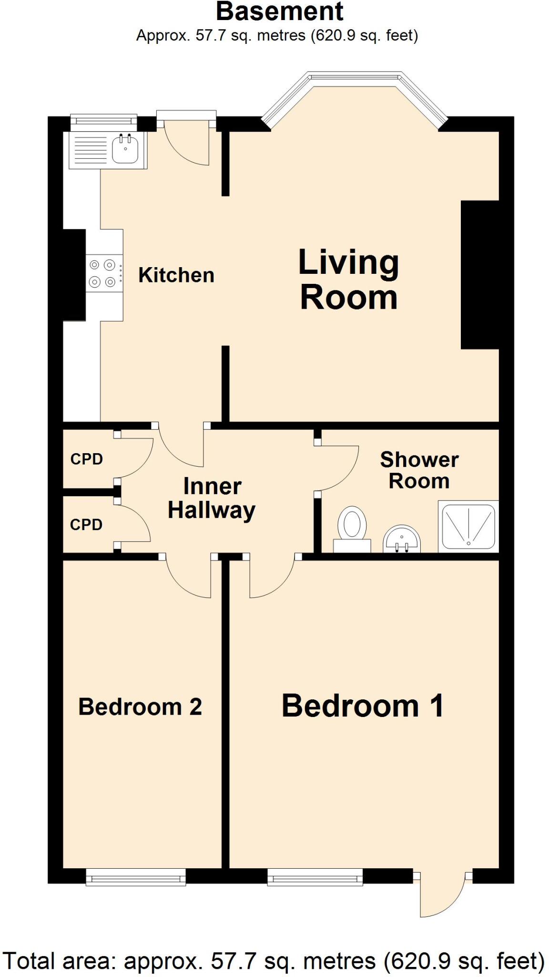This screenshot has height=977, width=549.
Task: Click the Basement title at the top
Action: click(x=279, y=11)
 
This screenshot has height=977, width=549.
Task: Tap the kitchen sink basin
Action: click(x=126, y=148)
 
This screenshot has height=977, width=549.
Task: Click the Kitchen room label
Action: click(x=176, y=275)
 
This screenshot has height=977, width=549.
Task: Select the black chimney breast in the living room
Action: click(x=479, y=275)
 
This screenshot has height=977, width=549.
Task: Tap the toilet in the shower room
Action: click(x=352, y=528)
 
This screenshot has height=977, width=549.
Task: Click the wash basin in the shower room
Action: click(x=402, y=539)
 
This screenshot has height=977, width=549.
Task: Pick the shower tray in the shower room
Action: click(x=468, y=527)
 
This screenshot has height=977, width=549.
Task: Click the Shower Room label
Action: click(x=419, y=470)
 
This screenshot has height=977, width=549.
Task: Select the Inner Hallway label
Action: click(x=212, y=499)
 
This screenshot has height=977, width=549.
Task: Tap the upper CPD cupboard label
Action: click(x=87, y=459)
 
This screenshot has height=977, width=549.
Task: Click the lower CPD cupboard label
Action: click(x=86, y=525)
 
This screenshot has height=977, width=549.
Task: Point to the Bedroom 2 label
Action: click(x=140, y=707)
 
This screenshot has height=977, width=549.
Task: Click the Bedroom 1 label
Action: click(x=362, y=706)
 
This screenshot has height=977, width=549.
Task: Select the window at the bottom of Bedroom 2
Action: click(x=136, y=877)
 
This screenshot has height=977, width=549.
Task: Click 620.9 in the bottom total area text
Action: click(x=417, y=960)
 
